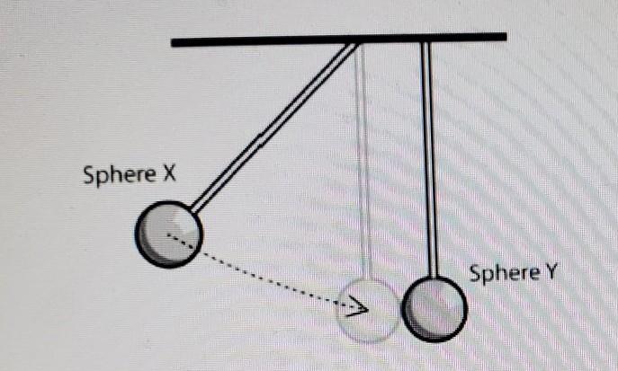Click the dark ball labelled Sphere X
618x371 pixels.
(168, 234)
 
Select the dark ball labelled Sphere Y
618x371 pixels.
(435, 310)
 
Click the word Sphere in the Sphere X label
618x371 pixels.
(119, 174)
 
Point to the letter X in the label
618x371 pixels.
(168, 174)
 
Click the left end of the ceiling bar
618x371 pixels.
(175, 41)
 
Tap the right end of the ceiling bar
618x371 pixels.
(504, 38)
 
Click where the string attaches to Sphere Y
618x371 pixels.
(434, 280)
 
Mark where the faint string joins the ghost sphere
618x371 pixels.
(367, 280)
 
